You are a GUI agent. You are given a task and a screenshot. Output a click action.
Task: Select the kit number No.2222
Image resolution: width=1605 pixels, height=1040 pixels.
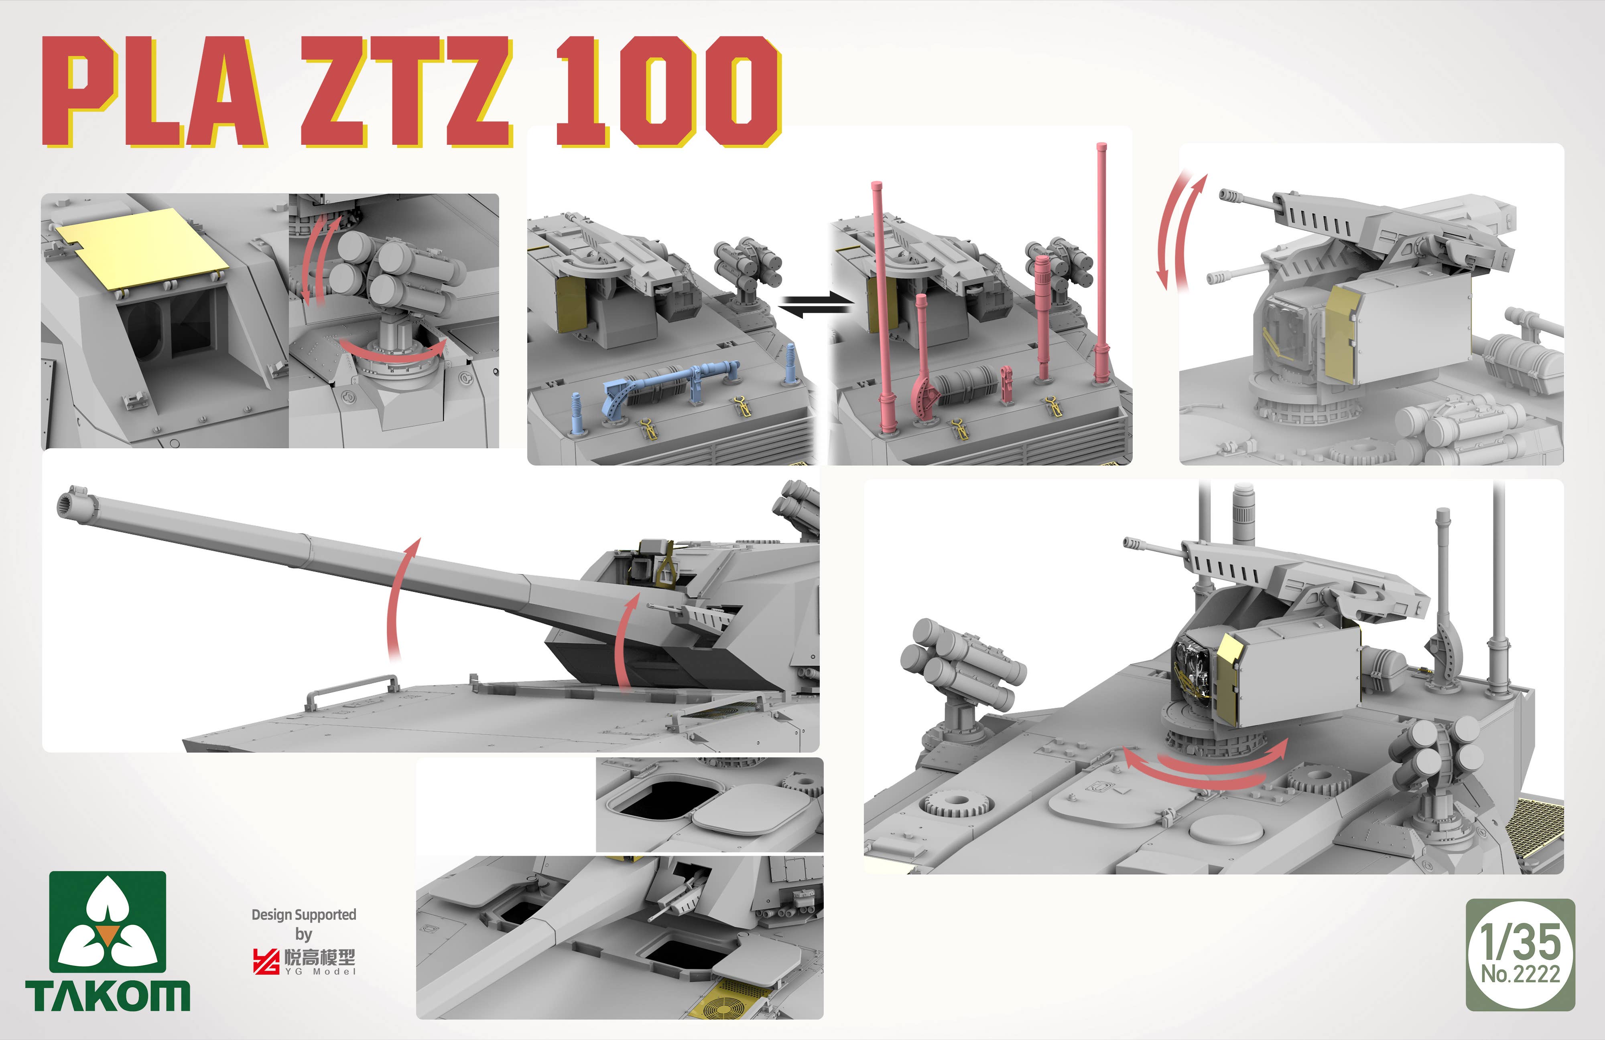pos(1521,974)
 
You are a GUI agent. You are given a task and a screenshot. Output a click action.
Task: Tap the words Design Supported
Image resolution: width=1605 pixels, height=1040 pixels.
pos(303,915)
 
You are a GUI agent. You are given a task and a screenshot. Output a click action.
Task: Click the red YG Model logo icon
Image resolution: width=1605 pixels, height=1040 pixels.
pos(266,961)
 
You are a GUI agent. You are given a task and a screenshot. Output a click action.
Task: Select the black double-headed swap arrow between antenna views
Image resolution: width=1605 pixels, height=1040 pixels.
pos(815,306)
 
